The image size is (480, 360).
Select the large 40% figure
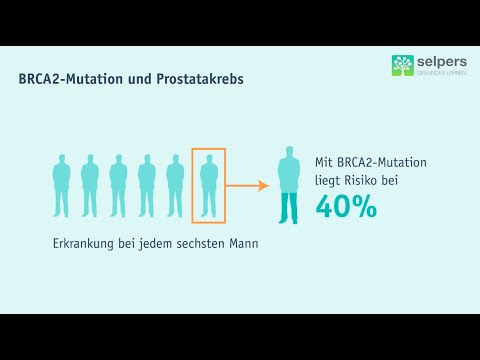coord(346,206)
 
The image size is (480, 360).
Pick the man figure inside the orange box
coord(209,186)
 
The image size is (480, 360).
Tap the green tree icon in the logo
coord(402,65)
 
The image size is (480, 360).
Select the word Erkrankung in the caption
coord(84,244)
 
